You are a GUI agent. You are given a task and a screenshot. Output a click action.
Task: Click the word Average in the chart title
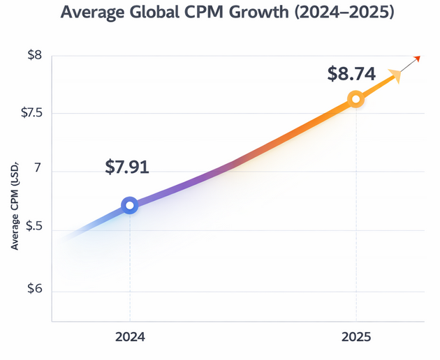[95, 13]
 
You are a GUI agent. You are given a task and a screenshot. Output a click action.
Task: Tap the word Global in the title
[157, 13]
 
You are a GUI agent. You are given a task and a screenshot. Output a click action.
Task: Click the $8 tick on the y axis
[34, 55]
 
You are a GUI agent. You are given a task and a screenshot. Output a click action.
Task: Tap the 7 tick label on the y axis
[38, 172]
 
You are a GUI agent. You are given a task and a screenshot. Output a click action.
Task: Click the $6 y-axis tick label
[34, 290]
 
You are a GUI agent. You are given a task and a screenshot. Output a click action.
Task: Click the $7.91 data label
[127, 167]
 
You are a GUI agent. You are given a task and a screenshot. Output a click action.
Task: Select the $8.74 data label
[352, 73]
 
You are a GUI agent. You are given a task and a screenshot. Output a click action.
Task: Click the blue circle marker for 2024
[129, 205]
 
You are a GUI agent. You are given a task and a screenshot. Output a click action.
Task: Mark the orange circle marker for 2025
[355, 99]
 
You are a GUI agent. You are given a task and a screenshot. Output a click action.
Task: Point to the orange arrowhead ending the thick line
[395, 75]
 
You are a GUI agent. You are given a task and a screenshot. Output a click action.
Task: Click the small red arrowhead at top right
[418, 58]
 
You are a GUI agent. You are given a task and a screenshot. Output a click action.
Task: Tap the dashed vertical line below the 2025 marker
[356, 209]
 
